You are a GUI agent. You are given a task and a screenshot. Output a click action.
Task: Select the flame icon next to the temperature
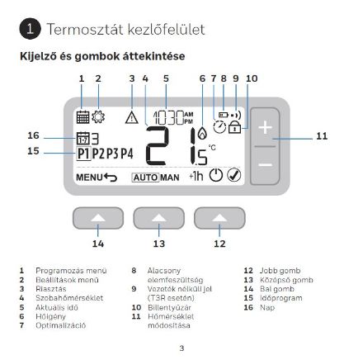[203, 135]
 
